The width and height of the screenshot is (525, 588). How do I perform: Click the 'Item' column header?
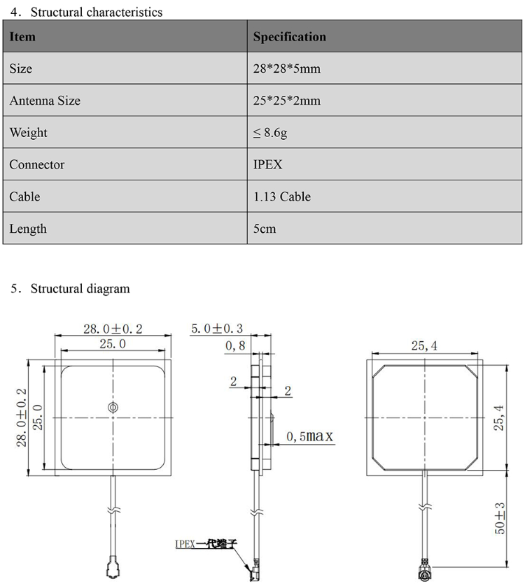click(x=22, y=36)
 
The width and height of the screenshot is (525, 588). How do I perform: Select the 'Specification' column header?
click(x=289, y=36)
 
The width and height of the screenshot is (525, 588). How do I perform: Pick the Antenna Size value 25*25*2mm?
click(x=287, y=101)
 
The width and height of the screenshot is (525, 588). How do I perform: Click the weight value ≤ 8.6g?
click(x=270, y=133)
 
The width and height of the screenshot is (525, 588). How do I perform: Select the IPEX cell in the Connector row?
click(x=267, y=165)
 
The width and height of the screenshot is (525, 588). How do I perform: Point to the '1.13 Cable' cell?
click(x=281, y=197)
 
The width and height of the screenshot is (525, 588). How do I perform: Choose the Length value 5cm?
click(x=265, y=229)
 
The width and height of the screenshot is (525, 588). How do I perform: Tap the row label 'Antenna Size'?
click(x=45, y=101)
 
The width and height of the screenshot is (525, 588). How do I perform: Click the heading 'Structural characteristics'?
click(x=96, y=12)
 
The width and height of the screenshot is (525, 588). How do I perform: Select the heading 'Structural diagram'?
click(x=80, y=288)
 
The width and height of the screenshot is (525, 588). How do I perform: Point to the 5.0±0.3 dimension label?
click(x=218, y=329)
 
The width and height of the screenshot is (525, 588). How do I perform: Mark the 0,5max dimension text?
click(x=309, y=437)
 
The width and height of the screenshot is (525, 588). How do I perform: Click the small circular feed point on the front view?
click(x=112, y=407)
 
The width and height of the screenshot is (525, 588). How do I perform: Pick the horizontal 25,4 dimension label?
click(x=423, y=345)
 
